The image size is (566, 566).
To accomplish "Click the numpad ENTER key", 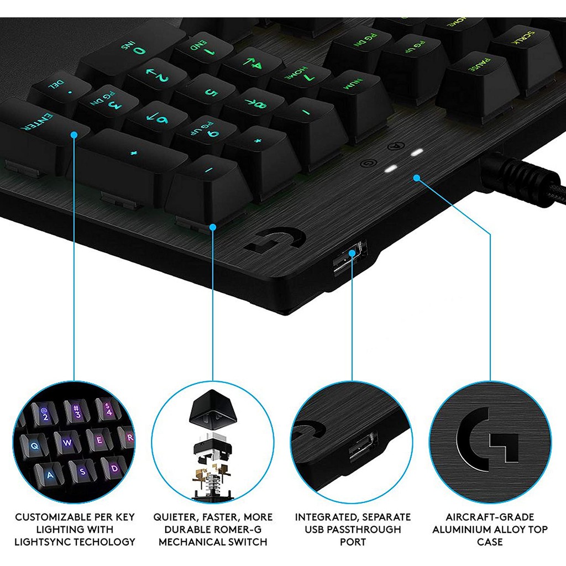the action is point(40,134).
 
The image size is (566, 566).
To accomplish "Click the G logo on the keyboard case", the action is point(276,240).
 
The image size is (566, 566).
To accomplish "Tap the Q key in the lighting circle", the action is point(35,446).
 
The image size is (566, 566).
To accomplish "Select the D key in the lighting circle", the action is point(114,469).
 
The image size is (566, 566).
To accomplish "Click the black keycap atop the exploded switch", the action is point(213,408).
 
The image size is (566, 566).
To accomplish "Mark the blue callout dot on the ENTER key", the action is point(74,135).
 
